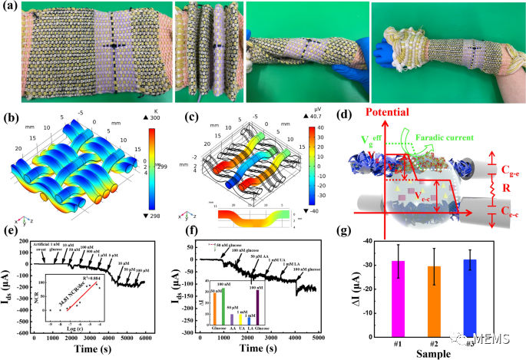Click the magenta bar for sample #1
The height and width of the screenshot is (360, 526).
tap(398, 295)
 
